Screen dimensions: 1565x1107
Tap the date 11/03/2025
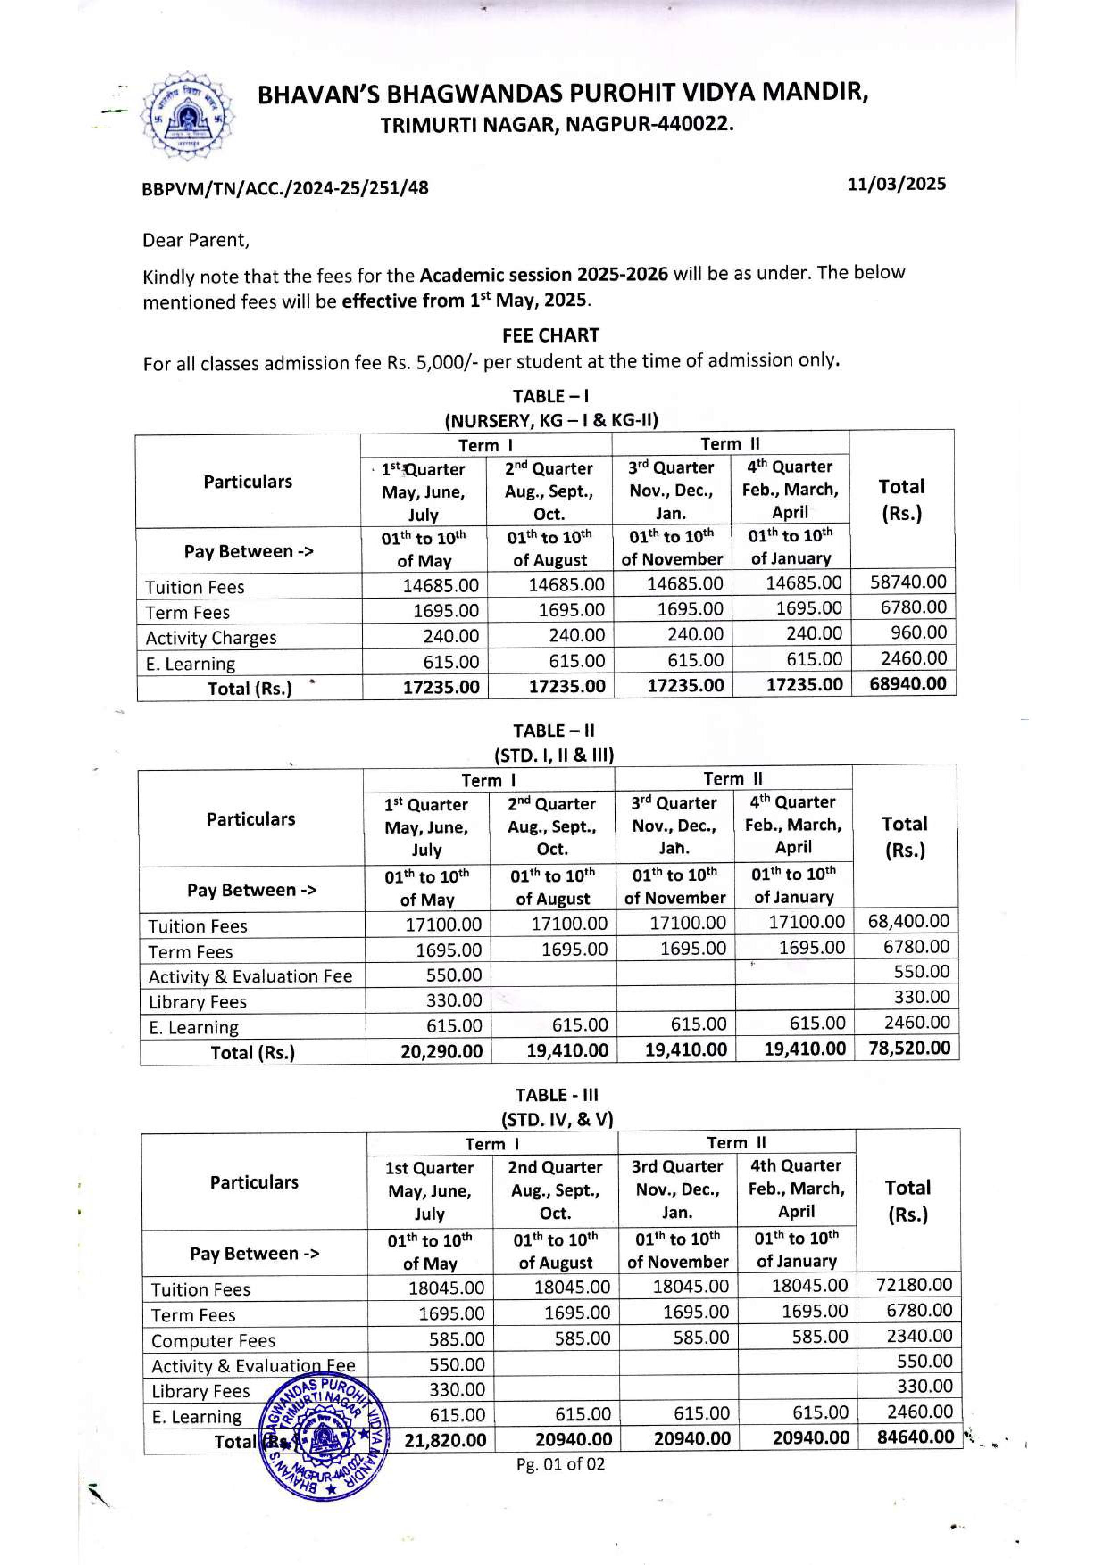point(896,184)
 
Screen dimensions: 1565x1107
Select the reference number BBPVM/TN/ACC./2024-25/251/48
point(285,187)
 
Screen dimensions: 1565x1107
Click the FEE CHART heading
point(550,335)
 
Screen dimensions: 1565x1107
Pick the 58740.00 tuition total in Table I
point(908,582)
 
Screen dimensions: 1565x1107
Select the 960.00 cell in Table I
point(918,632)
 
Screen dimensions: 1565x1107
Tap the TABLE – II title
point(554,731)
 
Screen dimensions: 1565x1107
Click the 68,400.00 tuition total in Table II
point(908,921)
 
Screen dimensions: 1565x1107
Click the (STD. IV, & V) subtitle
point(557,1119)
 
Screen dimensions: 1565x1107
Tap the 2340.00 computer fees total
point(919,1336)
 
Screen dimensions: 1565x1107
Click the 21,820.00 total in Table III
point(445,1440)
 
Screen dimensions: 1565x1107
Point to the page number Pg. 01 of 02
point(560,1464)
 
